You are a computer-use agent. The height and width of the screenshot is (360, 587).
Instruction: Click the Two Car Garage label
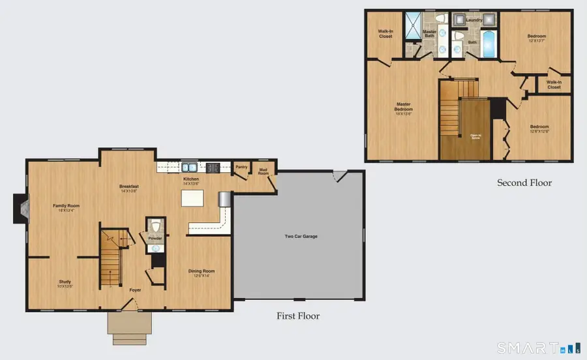pos(301,236)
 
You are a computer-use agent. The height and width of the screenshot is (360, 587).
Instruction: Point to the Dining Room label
pos(201,271)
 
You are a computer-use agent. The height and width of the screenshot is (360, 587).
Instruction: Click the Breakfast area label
pos(128,187)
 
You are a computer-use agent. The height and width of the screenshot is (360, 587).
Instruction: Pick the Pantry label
pos(241,167)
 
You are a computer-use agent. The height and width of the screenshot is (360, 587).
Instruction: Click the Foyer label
pos(135,290)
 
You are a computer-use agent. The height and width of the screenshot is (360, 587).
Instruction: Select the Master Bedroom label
pos(404,106)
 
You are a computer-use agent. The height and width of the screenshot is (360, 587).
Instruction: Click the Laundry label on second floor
pos(474,20)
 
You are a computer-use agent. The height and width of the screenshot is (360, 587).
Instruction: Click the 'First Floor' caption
pos(298,316)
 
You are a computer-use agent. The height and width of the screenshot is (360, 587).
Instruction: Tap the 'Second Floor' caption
pos(524,183)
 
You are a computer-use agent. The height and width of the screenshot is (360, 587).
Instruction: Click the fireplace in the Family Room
pos(21,208)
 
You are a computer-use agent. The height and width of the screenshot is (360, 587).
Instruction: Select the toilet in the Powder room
pos(155,226)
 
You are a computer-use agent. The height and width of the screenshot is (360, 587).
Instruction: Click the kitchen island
pos(192,198)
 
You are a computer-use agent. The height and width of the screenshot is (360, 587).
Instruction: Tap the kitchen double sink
pos(189,167)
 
